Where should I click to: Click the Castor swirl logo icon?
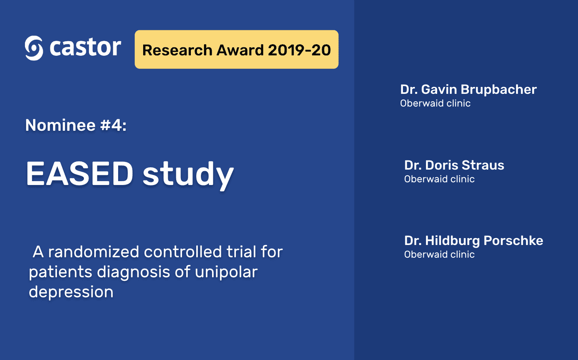tap(34, 48)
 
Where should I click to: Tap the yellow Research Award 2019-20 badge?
tap(236, 50)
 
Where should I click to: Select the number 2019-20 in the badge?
tap(299, 50)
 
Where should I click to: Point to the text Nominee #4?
tap(76, 125)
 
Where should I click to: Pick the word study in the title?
tap(188, 175)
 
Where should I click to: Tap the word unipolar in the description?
tap(226, 272)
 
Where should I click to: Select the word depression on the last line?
tap(71, 292)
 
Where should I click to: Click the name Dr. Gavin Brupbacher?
tap(468, 90)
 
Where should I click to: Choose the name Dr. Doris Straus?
tap(454, 165)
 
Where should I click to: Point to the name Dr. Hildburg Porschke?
tap(474, 241)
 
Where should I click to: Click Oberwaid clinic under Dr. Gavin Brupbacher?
tap(435, 103)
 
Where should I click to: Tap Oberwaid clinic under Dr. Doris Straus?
tap(439, 179)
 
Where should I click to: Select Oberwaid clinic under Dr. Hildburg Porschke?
tap(439, 255)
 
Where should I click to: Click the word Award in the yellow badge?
tap(240, 50)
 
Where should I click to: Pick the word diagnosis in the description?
tap(134, 273)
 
